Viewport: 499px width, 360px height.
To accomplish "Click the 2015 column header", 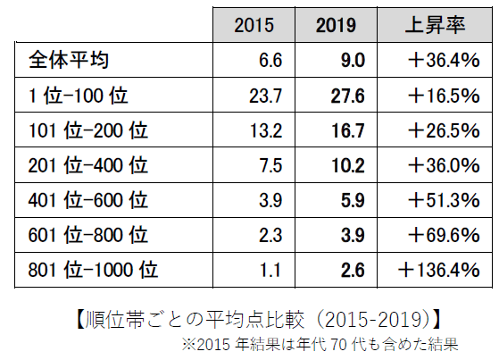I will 254,26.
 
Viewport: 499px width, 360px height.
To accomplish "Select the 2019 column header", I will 336,26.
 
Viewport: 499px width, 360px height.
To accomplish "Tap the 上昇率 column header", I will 432,26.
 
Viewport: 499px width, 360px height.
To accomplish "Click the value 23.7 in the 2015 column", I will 267,96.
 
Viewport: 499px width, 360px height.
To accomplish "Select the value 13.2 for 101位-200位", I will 267,130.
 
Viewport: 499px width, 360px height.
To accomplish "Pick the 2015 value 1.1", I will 272,268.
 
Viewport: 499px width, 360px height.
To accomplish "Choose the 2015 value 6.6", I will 271,61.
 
